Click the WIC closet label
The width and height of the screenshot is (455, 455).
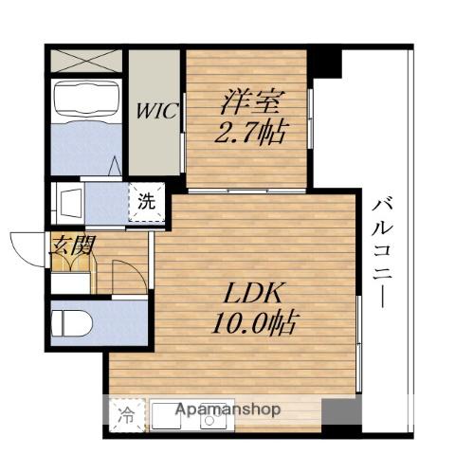157,111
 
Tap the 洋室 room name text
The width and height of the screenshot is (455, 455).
252,102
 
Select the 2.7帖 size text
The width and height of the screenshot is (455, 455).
252,133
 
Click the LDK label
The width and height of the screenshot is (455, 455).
252,292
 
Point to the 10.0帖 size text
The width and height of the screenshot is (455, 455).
254,323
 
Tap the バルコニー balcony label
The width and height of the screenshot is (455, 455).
382,252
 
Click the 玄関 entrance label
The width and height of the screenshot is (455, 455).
72,246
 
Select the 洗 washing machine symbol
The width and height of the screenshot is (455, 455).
147,202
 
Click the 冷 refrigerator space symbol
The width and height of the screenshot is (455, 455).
127,415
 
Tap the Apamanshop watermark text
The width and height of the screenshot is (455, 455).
227,409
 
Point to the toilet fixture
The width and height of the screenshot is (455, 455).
72,323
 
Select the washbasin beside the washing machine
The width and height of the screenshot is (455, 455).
68,203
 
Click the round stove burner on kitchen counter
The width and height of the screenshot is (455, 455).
209,420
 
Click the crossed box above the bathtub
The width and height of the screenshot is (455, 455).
86,61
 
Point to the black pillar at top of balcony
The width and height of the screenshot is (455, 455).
325,64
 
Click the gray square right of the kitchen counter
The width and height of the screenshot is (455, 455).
341,412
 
